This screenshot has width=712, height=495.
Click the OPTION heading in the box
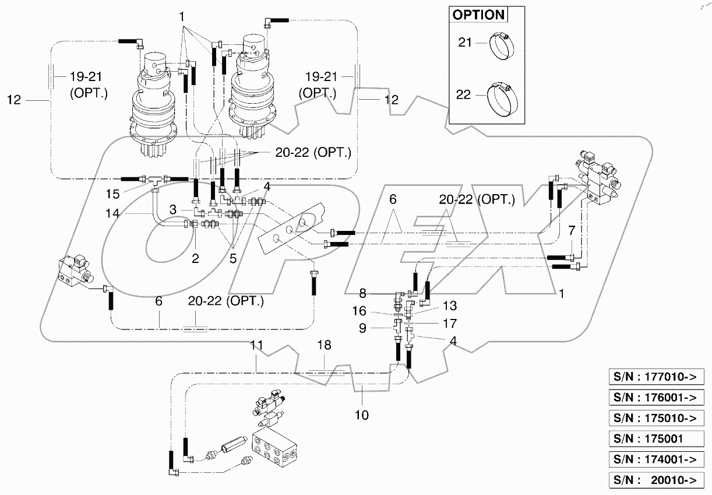pyautogui.click(x=478, y=15)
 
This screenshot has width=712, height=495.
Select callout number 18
pyautogui.click(x=324, y=345)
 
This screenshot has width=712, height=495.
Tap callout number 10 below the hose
pyautogui.click(x=362, y=415)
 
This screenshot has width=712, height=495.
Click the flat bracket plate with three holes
pyautogui.click(x=290, y=227)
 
